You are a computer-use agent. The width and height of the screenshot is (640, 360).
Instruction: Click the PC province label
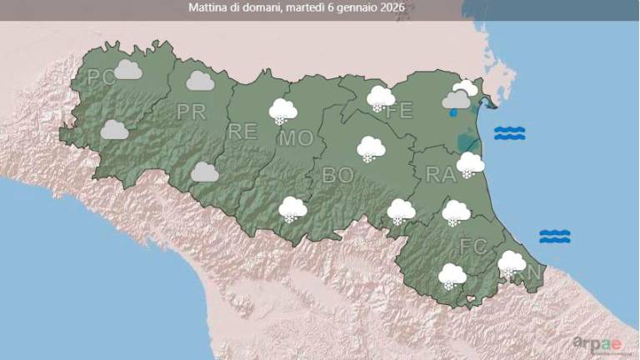point(101,78)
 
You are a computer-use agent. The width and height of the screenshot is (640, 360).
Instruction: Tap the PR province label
point(191,112)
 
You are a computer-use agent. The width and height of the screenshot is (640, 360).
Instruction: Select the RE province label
point(242,131)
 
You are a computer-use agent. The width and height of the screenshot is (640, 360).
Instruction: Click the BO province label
point(338,175)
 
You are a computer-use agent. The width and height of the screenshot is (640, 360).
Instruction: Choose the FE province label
point(401,110)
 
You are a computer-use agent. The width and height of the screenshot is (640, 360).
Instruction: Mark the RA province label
point(439,174)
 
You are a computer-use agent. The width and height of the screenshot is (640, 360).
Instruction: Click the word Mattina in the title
point(208,9)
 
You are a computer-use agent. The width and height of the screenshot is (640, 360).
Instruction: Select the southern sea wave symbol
point(554,237)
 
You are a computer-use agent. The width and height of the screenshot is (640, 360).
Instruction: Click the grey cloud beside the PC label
point(127,69)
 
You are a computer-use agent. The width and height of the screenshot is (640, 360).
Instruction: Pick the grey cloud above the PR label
point(200,81)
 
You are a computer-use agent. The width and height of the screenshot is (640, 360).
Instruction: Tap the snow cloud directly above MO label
point(283,111)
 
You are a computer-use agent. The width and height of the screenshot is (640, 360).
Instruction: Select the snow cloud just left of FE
point(380,98)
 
